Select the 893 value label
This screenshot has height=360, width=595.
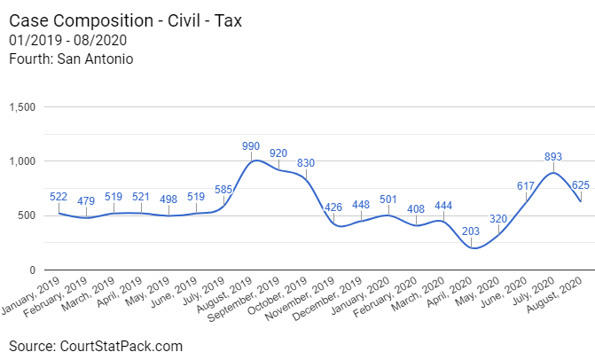pos(553,157)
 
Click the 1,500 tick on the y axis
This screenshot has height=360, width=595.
pos(21,107)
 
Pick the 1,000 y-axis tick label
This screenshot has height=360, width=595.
pos(21,161)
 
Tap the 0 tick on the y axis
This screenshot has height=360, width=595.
pos(32,270)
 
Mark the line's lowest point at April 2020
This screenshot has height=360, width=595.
pos(474,247)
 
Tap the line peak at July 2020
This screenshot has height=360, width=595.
pos(553,172)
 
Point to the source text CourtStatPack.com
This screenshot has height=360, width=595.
pos(121,345)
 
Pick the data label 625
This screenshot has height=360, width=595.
pos(582,184)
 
